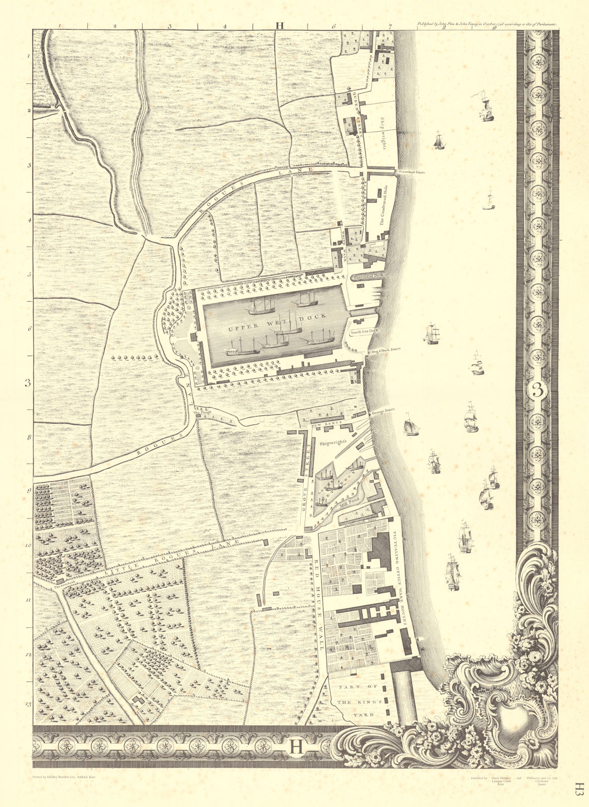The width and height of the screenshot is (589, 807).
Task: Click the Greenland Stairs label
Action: [x=410, y=172]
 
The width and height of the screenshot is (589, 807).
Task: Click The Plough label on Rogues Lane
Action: [x=201, y=413]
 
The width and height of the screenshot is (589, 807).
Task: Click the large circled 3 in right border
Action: [x=539, y=389]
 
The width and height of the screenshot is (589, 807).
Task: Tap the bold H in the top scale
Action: [x=279, y=24]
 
